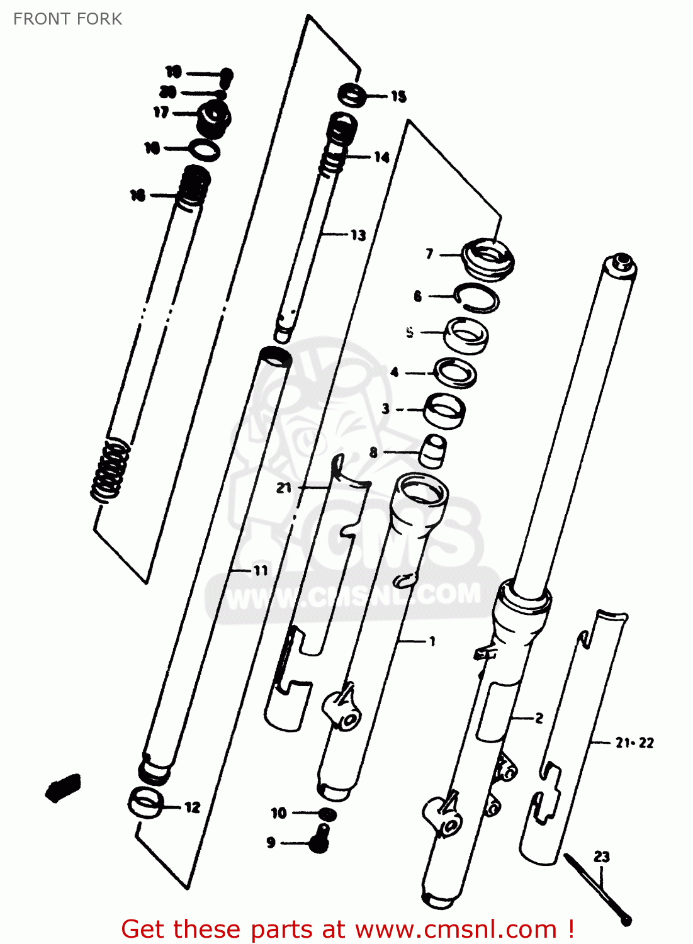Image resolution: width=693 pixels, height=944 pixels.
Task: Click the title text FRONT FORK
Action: click(x=67, y=19)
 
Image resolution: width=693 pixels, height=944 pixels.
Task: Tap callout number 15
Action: click(x=398, y=96)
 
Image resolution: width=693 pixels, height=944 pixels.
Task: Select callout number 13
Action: click(x=358, y=235)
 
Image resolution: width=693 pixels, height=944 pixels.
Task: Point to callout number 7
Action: click(x=429, y=254)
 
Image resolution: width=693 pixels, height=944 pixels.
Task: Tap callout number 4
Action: click(x=394, y=372)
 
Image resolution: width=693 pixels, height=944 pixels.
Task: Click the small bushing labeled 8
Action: click(x=433, y=451)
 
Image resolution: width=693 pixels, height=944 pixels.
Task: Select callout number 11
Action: click(x=260, y=570)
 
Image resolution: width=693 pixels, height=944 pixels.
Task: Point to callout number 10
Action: click(x=278, y=813)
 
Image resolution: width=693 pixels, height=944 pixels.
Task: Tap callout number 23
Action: click(x=601, y=856)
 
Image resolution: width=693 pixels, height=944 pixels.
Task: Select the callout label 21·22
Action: click(x=634, y=743)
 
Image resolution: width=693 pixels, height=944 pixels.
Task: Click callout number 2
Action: click(x=539, y=717)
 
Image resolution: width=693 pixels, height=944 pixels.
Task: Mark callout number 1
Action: click(x=432, y=641)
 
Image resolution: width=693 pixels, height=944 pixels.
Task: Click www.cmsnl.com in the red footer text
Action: click(x=456, y=929)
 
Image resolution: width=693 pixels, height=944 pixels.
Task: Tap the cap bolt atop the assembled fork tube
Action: click(x=621, y=261)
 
